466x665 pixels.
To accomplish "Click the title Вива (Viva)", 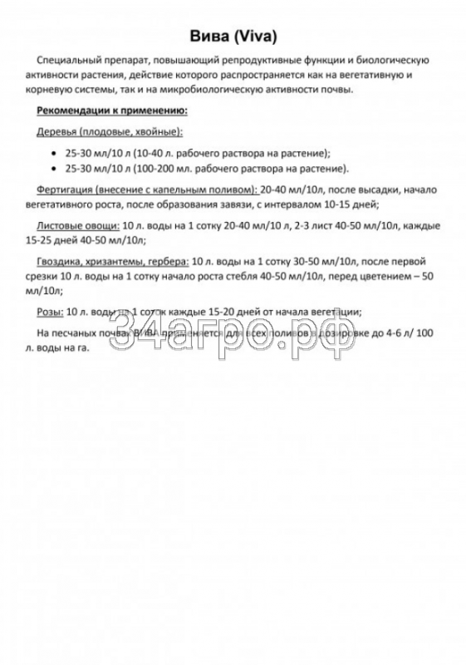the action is (233, 37).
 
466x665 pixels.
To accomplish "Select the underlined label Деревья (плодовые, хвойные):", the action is (110, 133).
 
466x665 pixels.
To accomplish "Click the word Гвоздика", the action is (60, 262).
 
